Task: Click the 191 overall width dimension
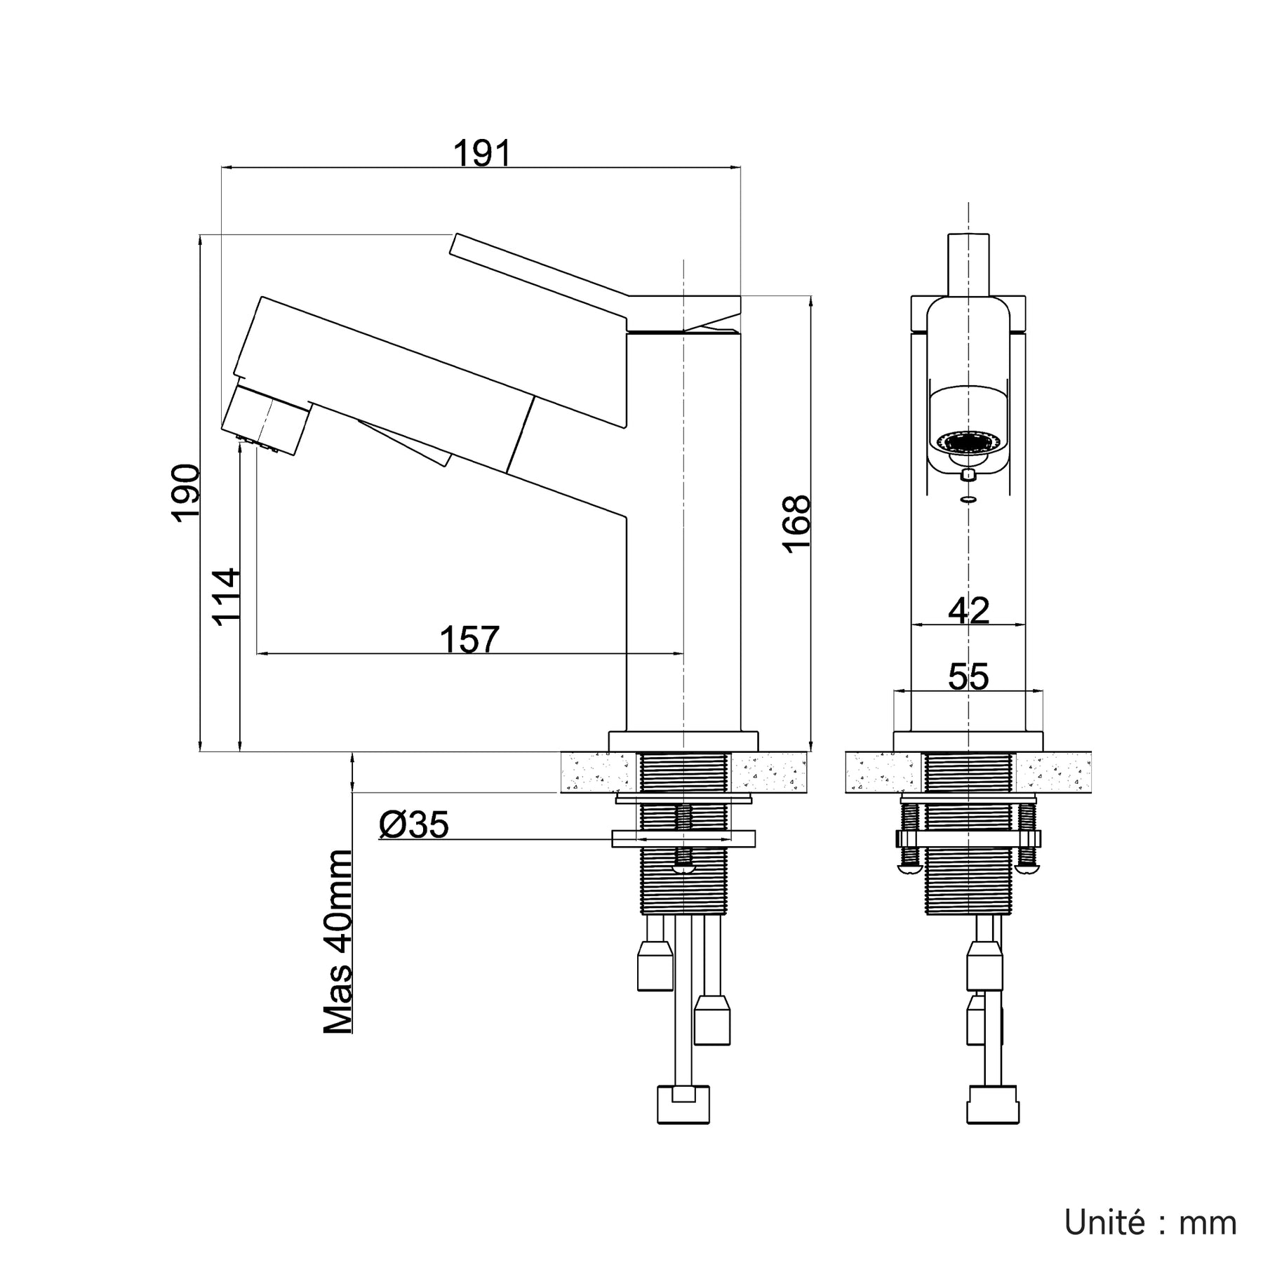pos(483,154)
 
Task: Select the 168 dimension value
pos(796,524)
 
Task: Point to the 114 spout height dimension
pos(227,596)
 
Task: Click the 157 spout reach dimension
pos(469,639)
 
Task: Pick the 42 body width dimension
pos(968,610)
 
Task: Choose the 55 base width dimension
pos(968,677)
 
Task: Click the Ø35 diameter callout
pos(413,825)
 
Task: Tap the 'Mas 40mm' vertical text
pos(338,942)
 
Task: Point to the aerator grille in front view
pos(968,442)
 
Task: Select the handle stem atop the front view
pos(968,265)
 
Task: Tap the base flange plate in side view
pos(683,742)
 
